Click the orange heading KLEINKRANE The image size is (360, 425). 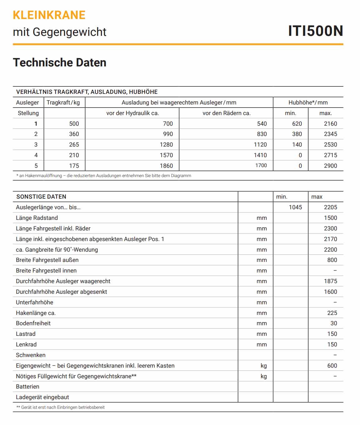tap(49, 15)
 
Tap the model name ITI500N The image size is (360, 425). tap(315, 31)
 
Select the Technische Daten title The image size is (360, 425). tap(60, 62)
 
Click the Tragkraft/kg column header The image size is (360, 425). tap(63, 103)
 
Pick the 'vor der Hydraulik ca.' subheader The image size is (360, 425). tap(133, 113)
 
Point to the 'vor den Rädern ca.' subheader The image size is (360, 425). tap(226, 113)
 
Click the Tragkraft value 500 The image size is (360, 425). tap(74, 124)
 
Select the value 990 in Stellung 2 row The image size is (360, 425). tap(168, 134)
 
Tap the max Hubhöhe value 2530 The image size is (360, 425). tap(330, 145)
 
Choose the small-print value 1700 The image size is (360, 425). tap(261, 166)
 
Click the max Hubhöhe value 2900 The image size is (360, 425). tap(330, 166)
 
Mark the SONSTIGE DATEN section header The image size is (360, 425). tap(41, 197)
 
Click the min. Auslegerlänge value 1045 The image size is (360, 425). tap(295, 207)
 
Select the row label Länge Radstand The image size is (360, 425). tap(37, 218)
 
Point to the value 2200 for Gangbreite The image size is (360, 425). tap(330, 250)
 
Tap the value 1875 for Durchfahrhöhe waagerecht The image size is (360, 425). tap(330, 281)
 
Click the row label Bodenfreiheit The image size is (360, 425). tap(33, 323)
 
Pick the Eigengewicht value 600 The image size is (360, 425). tap(332, 366)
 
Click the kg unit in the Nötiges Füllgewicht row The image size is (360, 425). tap(264, 376)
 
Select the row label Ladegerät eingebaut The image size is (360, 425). tap(42, 397)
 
